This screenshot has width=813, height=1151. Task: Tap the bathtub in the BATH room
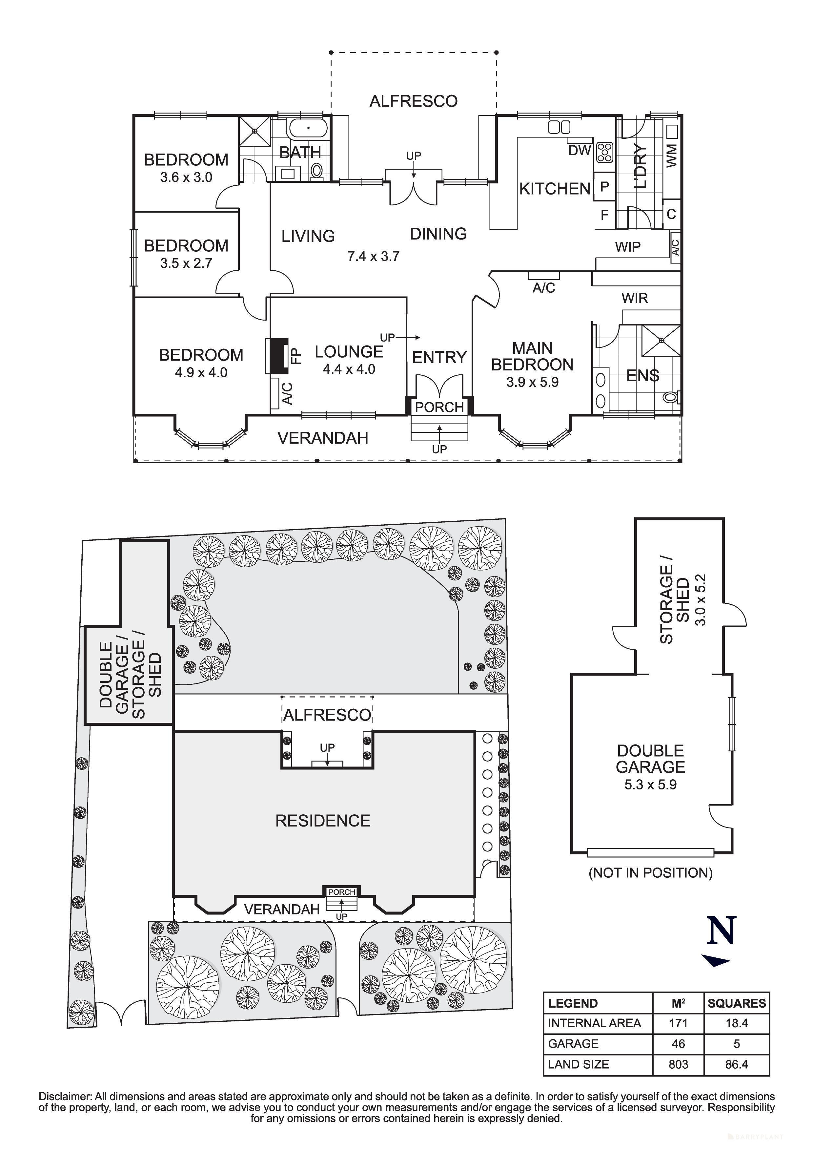(x=308, y=128)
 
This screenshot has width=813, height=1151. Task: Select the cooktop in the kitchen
(x=605, y=152)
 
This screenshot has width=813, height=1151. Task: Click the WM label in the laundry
(x=672, y=156)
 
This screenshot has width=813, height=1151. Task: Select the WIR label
(x=635, y=298)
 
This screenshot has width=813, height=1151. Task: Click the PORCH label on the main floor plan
(x=439, y=407)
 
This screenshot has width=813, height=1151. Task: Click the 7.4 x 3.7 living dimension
(x=373, y=257)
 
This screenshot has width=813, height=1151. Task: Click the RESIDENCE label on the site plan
(x=323, y=821)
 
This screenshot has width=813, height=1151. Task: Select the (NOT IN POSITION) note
(x=650, y=873)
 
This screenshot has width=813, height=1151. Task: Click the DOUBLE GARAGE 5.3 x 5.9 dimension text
(x=650, y=785)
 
